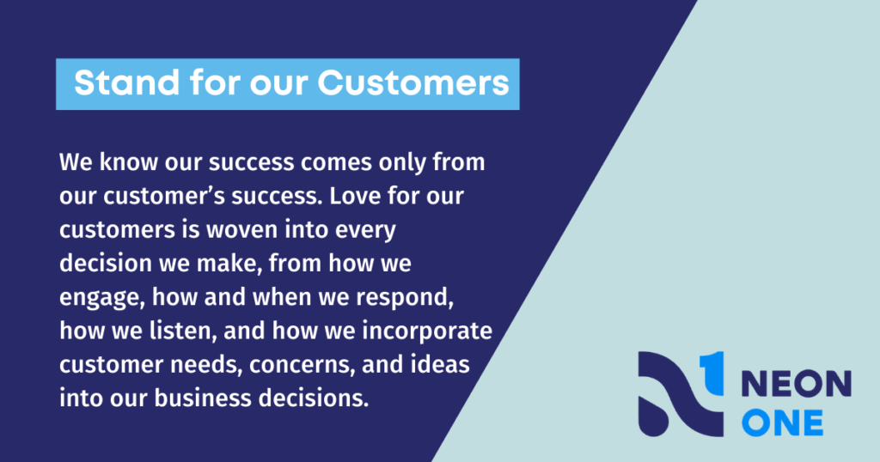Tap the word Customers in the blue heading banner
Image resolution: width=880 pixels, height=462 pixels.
(x=413, y=83)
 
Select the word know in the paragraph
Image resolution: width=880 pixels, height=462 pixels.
(x=129, y=162)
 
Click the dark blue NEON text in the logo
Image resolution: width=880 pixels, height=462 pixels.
(x=797, y=385)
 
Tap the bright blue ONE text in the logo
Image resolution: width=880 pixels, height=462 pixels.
(x=782, y=422)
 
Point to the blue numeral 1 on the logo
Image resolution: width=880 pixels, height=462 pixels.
(x=712, y=373)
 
